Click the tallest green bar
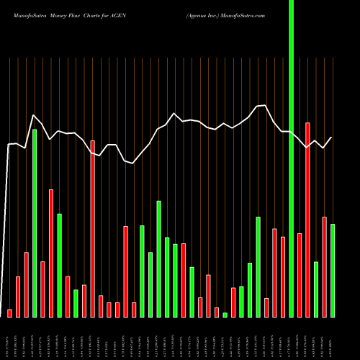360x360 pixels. pyautogui.click(x=291, y=158)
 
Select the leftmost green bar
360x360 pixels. pyautogui.click(x=35, y=223)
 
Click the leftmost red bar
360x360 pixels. pyautogui.click(x=10, y=312)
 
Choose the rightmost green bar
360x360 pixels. pyautogui.click(x=333, y=270)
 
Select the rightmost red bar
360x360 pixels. pyautogui.click(x=324, y=266)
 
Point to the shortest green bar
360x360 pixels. pyautogui.click(x=225, y=315)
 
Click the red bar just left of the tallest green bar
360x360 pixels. pyautogui.click(x=283, y=276)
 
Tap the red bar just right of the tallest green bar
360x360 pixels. pyautogui.click(x=300, y=275)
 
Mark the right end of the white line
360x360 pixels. pyautogui.click(x=332, y=138)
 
